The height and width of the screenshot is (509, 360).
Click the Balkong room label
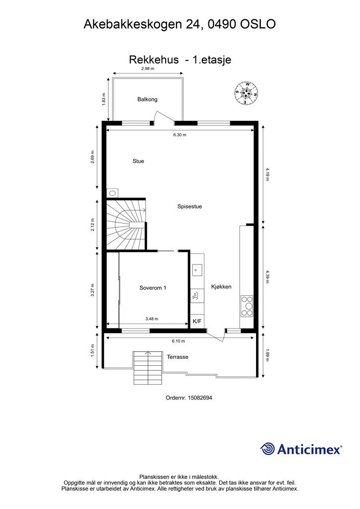click(x=147, y=99)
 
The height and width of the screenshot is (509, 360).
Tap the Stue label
click(x=138, y=161)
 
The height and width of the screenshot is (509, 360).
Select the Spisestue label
click(x=189, y=206)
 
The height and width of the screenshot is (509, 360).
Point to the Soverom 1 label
click(x=153, y=288)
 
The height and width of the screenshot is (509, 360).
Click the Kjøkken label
click(x=221, y=287)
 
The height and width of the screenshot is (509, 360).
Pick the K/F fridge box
click(x=197, y=322)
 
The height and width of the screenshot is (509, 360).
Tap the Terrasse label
click(x=178, y=357)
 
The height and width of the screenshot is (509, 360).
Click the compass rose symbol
click(x=247, y=93)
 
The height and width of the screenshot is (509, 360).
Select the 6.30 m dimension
click(x=180, y=135)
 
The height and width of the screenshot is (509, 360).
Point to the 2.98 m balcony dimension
click(x=148, y=69)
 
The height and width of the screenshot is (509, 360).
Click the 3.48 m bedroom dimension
click(x=152, y=319)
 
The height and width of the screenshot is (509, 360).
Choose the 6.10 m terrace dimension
click(x=179, y=341)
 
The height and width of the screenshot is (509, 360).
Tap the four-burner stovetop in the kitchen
click(x=247, y=306)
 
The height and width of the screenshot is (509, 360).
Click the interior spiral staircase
click(x=126, y=224)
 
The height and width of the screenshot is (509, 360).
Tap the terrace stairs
click(x=148, y=368)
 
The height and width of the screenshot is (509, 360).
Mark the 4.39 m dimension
click(x=267, y=277)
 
